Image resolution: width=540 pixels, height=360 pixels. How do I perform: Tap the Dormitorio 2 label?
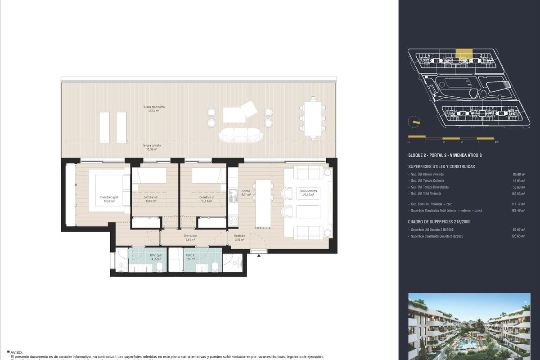click(150, 199)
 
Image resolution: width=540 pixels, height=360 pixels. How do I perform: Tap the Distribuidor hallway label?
click(189, 238)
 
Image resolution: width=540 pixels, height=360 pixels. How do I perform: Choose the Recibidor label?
click(239, 238)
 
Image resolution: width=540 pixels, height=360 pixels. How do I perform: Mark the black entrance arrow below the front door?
click(259, 256)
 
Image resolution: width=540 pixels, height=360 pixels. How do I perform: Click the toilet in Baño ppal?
click(160, 267)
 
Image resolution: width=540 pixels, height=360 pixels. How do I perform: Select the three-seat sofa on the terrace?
click(240, 134)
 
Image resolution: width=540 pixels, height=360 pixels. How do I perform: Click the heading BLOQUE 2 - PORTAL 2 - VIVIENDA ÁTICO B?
click(445, 155)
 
